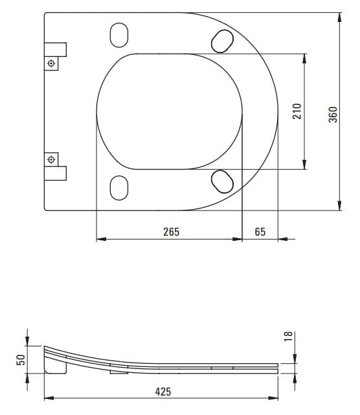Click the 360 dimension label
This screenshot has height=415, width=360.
click(333, 115)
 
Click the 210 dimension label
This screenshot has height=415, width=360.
click(297, 111)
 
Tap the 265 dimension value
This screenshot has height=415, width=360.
click(172, 232)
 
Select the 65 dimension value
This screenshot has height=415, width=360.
click(260, 232)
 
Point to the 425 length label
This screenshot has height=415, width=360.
click(163, 392)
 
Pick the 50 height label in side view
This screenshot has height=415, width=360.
click(21, 360)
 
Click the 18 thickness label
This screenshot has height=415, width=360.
click(288, 336)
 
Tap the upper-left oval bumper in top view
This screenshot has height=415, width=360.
click(119, 35)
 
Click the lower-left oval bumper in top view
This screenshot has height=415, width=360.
click(119, 188)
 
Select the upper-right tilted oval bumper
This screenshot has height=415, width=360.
click(222, 41)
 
